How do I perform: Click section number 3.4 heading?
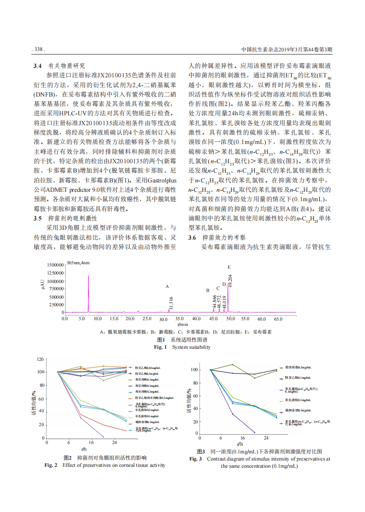coord(38,65)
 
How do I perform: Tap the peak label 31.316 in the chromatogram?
coord(171,302)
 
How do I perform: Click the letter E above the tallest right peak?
coord(229,267)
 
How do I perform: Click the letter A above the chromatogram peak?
coord(167,286)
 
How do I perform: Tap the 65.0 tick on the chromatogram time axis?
coord(278,319)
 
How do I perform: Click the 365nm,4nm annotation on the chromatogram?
coord(78,262)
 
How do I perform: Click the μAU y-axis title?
coord(42,284)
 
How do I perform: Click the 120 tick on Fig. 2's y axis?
coord(40,359)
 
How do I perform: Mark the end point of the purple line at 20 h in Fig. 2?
coord(103,437)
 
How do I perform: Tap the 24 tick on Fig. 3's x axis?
coord(266,438)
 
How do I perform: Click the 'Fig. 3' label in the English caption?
coord(195,459)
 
